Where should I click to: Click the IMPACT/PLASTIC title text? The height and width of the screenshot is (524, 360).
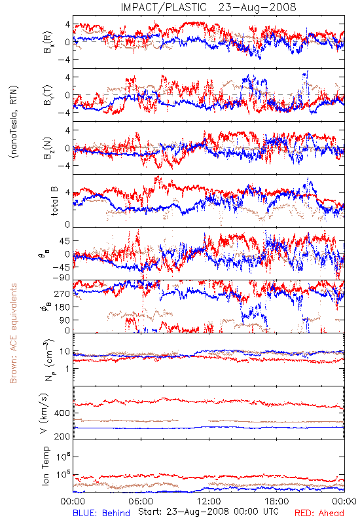click(x=164, y=7)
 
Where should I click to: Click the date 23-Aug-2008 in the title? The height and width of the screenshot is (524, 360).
click(x=257, y=7)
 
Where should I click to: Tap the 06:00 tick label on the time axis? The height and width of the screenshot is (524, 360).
click(x=141, y=501)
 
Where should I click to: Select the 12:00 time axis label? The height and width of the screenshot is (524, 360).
click(x=209, y=501)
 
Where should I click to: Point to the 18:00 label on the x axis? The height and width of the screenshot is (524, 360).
click(x=277, y=501)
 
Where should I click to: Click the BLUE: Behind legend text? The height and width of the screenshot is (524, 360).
click(x=101, y=514)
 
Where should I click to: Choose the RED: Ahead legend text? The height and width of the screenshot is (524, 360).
click(x=319, y=514)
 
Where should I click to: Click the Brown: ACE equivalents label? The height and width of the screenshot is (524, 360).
click(x=13, y=333)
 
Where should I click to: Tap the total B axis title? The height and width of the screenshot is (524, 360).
click(x=54, y=201)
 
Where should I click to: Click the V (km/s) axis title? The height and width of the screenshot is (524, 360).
click(x=45, y=413)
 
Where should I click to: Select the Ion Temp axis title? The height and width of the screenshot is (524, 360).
click(x=45, y=466)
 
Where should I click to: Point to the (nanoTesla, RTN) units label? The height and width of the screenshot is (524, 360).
click(x=13, y=122)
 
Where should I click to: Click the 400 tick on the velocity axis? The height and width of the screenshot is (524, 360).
click(x=62, y=413)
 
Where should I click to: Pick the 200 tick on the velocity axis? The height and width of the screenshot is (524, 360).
click(x=62, y=436)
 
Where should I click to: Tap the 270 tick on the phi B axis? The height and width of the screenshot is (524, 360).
click(x=62, y=293)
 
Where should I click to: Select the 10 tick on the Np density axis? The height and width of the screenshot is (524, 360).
click(x=65, y=352)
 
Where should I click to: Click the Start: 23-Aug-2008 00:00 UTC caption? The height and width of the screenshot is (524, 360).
click(x=208, y=512)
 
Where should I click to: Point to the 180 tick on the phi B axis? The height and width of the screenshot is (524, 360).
click(x=62, y=307)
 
